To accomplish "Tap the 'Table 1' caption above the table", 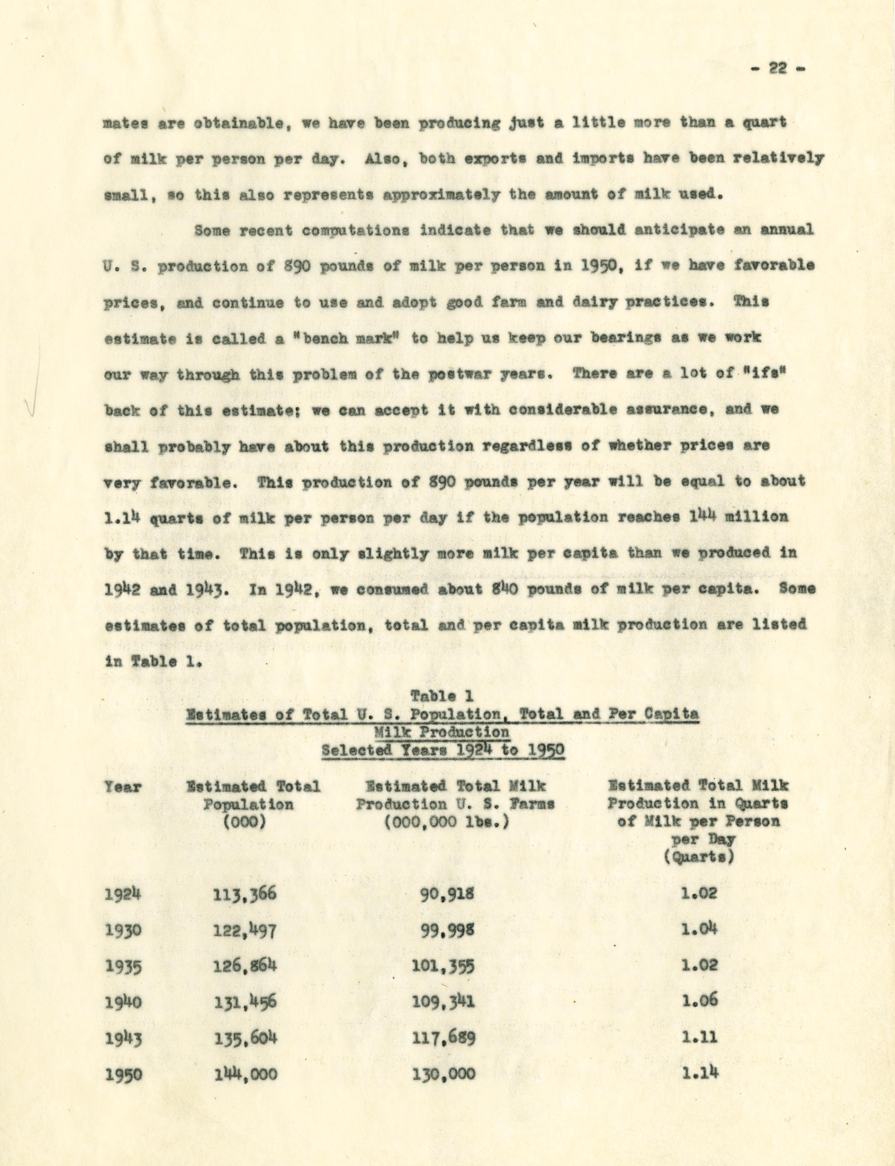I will [442, 696].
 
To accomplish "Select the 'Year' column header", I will [123, 787].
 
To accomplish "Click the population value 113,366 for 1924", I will [245, 894].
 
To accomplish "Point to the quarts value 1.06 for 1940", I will [700, 1002].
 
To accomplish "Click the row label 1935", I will [123, 967].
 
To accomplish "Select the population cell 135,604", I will [245, 1038].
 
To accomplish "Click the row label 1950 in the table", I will [123, 1075].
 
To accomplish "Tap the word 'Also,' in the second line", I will [380, 158].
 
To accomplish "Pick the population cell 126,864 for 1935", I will [245, 965].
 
